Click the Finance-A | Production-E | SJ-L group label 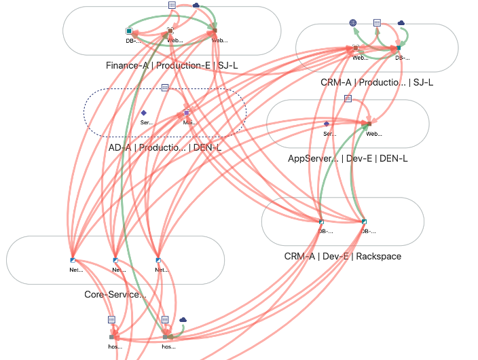[172, 65]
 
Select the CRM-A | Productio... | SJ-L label [377, 82]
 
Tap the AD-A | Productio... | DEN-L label [165, 147]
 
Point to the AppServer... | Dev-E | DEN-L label [348, 158]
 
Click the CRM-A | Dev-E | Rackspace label [343, 256]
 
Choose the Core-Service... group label [115, 294]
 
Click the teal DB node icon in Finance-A [129, 31]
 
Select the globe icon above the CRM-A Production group [353, 22]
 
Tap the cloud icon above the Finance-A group [196, 5]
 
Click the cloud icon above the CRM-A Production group [401, 22]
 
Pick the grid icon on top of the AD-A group [165, 88]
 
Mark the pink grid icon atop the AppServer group [348, 98]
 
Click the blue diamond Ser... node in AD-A [143, 113]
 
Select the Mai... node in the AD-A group [187, 113]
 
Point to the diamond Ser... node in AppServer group [327, 124]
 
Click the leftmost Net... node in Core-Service [72, 259]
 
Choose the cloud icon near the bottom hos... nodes [183, 319]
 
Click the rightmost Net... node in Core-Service [158, 259]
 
